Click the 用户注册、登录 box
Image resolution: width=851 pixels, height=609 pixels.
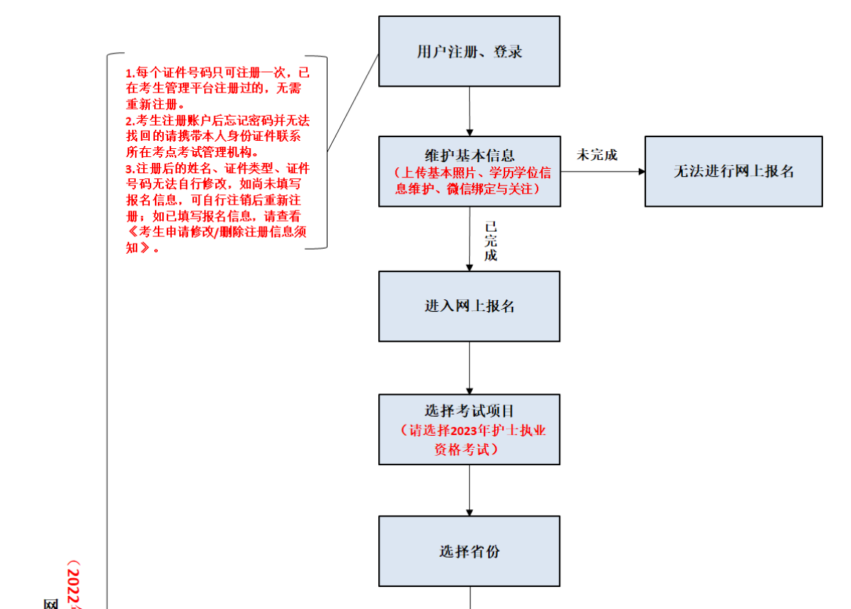click(x=469, y=51)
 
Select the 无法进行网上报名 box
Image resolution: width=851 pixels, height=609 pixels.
click(x=734, y=171)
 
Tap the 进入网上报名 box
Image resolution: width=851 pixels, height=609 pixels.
click(x=469, y=306)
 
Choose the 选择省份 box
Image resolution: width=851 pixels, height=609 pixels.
click(x=469, y=551)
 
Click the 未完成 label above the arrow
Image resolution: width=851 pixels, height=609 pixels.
click(x=597, y=155)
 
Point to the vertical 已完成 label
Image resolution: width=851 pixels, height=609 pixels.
click(x=490, y=241)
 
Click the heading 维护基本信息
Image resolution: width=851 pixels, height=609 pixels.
click(x=469, y=156)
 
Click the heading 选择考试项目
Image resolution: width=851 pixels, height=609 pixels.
click(x=469, y=411)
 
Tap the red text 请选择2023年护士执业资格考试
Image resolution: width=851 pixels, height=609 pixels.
click(x=474, y=440)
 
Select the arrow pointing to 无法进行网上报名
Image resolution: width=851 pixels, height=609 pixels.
click(x=603, y=171)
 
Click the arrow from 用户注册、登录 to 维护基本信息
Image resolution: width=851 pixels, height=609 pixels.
click(x=469, y=112)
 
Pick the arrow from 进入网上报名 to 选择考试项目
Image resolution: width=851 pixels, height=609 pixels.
click(x=469, y=368)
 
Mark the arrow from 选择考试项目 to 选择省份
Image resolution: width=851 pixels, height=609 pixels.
click(x=469, y=490)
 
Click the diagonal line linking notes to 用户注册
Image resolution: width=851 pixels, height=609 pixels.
click(x=352, y=103)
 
